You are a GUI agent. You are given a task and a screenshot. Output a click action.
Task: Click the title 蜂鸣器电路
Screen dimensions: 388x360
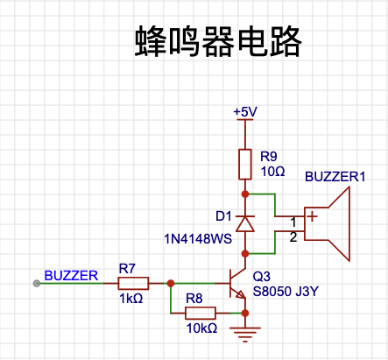[218, 41]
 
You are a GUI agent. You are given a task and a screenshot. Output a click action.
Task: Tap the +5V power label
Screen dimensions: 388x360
[245, 112]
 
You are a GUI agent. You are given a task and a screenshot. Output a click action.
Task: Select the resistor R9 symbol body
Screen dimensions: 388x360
[245, 165]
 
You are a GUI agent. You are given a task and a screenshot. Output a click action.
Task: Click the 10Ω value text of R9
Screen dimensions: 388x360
[272, 172]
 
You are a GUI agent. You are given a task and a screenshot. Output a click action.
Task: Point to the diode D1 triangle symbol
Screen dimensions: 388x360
[245, 224]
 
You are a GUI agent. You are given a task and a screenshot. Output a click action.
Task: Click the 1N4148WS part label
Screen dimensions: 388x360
[198, 239]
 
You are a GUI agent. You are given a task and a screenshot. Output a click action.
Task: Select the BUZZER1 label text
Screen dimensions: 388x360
[335, 177]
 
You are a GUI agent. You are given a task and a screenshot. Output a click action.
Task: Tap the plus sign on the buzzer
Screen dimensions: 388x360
[312, 216]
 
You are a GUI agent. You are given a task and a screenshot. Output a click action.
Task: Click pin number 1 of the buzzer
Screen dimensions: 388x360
[293, 222]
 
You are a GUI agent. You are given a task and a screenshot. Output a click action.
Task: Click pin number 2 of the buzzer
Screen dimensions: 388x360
[293, 237]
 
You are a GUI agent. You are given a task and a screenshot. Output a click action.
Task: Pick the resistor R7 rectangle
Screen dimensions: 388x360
[133, 283]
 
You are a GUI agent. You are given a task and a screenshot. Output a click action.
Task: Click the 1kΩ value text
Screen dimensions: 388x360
[131, 299]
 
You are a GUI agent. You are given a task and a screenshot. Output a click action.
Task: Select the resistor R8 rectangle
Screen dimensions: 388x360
[201, 314]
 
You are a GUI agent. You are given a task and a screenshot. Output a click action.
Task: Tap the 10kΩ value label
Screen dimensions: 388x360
[201, 328]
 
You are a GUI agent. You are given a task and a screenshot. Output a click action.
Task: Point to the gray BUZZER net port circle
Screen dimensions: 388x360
[37, 283]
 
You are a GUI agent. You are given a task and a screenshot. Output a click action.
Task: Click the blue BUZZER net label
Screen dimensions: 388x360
[71, 276]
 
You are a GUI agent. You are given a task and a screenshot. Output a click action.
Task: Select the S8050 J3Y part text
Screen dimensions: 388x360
[286, 292]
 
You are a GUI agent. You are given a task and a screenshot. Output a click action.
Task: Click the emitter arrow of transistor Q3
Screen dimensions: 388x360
[241, 294]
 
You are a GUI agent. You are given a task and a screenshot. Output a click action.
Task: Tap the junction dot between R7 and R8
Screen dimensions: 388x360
[171, 283]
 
